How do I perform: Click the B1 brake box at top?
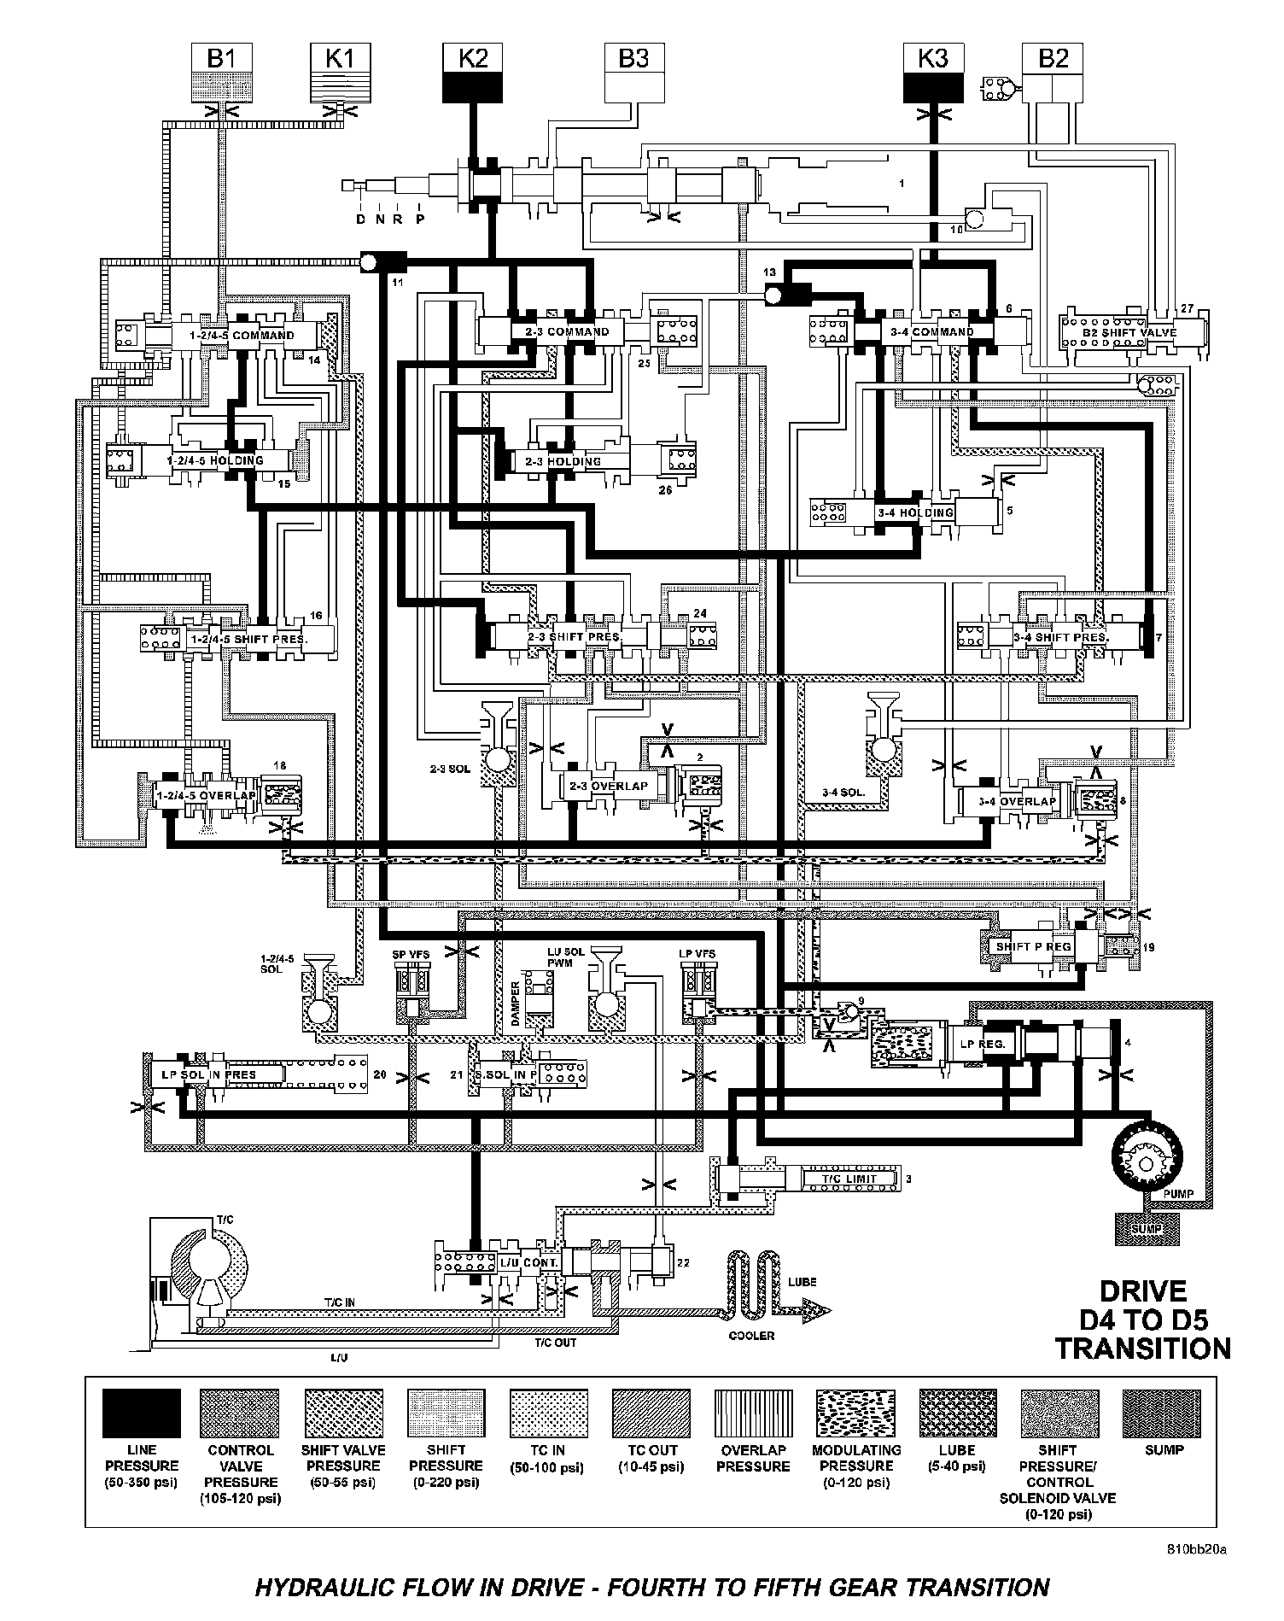[221, 74]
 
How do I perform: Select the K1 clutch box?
[339, 74]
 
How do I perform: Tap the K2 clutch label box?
[473, 74]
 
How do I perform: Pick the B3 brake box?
[633, 74]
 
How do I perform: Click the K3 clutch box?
[932, 74]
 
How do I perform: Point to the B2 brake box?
[1053, 74]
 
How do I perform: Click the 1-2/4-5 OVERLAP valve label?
[206, 795]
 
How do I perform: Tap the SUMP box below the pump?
[1147, 1228]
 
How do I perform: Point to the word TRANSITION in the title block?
[1142, 1349]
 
